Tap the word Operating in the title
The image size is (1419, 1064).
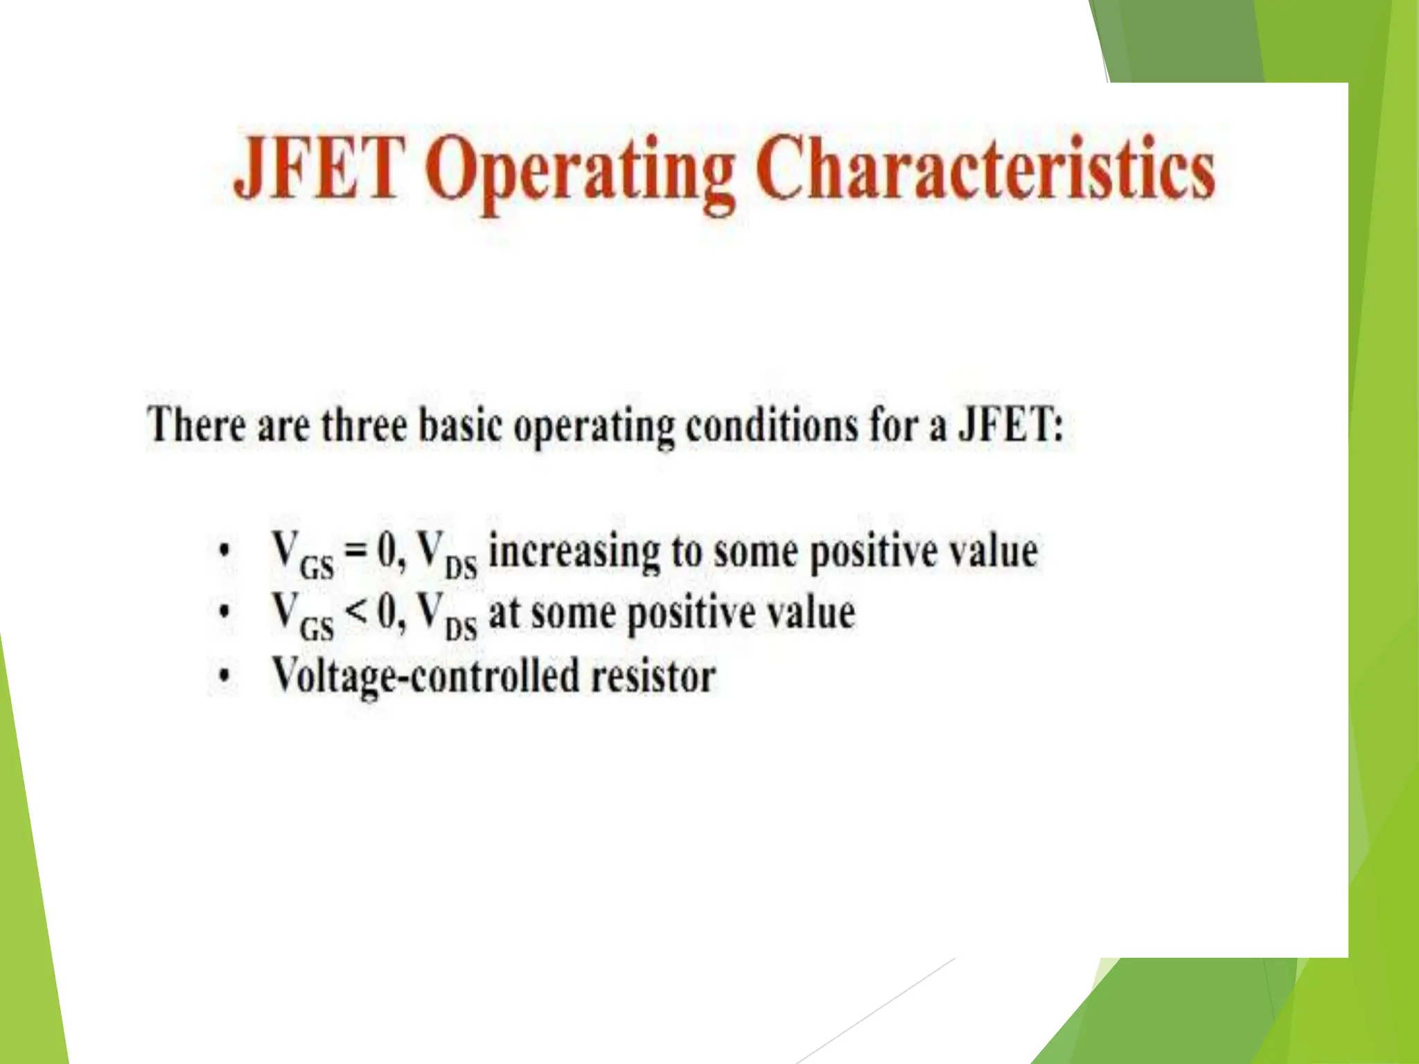tap(580, 172)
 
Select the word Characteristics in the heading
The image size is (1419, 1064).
tap(985, 168)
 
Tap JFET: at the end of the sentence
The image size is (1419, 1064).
tap(1010, 424)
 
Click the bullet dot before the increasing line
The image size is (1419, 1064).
tap(222, 552)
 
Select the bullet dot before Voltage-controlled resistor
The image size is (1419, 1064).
tap(222, 675)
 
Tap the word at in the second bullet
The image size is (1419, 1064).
tap(504, 614)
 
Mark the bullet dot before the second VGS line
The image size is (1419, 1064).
tap(222, 612)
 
